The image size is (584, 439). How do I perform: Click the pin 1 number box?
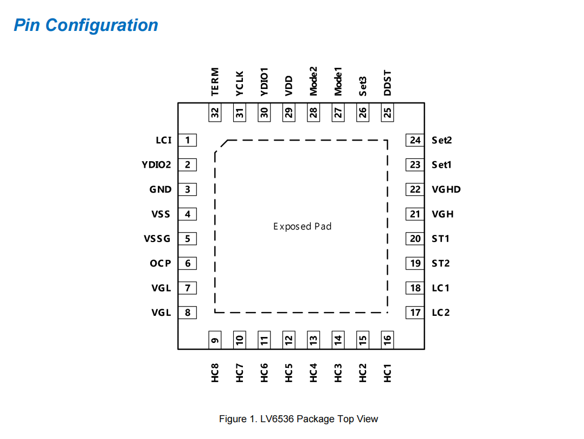[x=188, y=140]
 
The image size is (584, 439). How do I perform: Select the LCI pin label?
[x=163, y=140]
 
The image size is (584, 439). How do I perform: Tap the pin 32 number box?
[x=215, y=112]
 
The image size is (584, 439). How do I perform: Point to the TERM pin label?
[x=215, y=81]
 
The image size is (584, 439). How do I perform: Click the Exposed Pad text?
[x=302, y=226]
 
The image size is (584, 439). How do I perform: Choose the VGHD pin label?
[x=446, y=189]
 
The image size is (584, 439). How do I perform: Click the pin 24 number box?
[x=415, y=140]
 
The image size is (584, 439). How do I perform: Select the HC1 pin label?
[x=387, y=373]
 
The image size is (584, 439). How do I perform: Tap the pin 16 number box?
[x=387, y=340]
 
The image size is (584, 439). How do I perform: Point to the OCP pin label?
[x=161, y=263]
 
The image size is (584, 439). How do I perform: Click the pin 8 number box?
[x=188, y=313]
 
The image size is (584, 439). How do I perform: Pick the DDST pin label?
[x=387, y=83]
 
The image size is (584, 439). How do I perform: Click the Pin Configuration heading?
[x=86, y=25]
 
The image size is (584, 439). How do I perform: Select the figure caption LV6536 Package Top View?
[x=298, y=419]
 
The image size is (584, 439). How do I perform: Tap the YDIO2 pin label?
[x=157, y=164]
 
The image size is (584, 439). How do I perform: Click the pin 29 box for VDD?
[x=289, y=112]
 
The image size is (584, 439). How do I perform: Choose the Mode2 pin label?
[x=313, y=81]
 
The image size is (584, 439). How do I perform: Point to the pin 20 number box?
[x=415, y=239]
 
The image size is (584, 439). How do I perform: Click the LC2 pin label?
[x=440, y=313]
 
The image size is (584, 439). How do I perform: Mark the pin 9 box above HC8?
[x=215, y=340]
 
